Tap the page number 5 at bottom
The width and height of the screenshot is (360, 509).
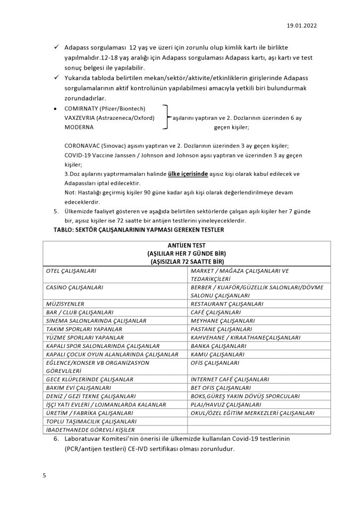(44, 475)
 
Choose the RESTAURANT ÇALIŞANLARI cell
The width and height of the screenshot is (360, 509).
(227, 304)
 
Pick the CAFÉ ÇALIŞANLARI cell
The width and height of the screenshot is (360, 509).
(216, 312)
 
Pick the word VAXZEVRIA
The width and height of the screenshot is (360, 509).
(81, 118)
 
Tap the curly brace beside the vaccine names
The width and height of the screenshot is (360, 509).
(167, 118)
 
